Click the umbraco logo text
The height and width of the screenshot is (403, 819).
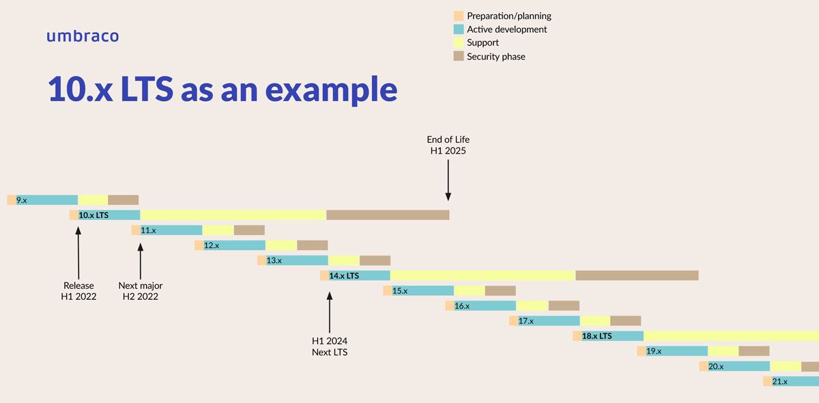[x=83, y=36]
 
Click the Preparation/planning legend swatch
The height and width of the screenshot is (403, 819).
[x=459, y=16]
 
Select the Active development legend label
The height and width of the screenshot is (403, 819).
[x=506, y=29]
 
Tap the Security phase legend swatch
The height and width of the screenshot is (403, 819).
[x=459, y=56]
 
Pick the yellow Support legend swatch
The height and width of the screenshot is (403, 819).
[x=459, y=42]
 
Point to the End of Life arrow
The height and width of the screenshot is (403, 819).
[x=448, y=180]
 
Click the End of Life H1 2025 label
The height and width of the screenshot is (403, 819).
[x=448, y=145]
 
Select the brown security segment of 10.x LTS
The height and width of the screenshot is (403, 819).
[x=388, y=215]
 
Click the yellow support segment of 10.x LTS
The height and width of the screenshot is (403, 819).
[x=233, y=215]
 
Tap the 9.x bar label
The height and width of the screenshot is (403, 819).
[x=22, y=200]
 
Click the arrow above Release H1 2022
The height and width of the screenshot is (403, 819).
[x=78, y=253]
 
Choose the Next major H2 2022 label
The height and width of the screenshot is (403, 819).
[x=141, y=291]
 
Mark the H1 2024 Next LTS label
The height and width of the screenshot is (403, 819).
[x=330, y=346]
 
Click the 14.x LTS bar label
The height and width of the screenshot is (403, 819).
[x=344, y=276]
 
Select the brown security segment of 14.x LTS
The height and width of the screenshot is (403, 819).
[x=637, y=275]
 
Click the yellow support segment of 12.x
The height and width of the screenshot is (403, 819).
[x=281, y=245]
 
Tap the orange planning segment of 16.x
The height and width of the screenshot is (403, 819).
[x=450, y=305]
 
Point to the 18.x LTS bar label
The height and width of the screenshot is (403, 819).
[x=597, y=336]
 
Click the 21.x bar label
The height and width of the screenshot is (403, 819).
[x=779, y=381]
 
